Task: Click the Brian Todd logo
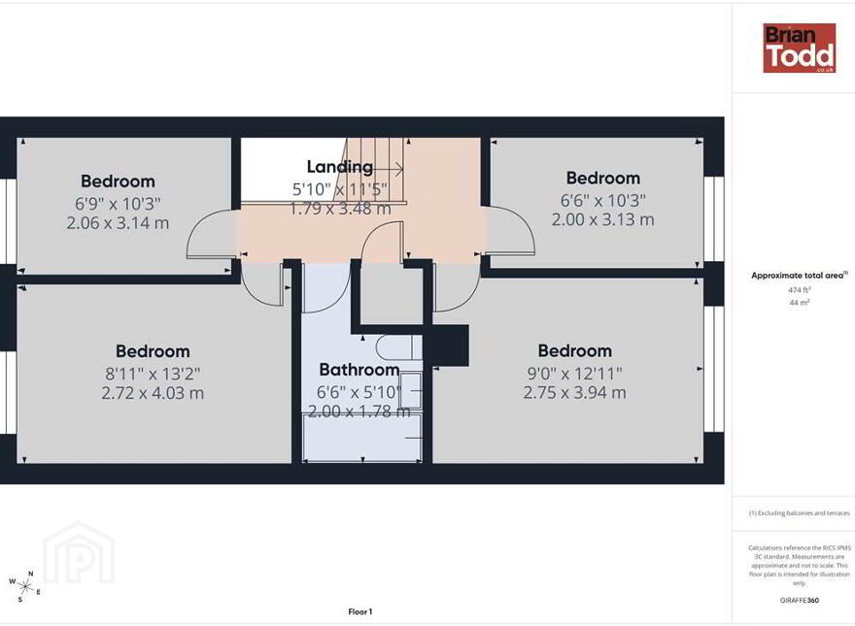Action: pos(800,48)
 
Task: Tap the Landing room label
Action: pos(340,167)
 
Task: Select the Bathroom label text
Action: pos(359,370)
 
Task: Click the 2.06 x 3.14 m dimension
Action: pos(118,223)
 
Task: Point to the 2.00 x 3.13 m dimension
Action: pos(602,219)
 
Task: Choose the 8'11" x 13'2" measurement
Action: pos(153,374)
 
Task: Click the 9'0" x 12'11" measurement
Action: pos(575,374)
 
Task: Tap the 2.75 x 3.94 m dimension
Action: pos(575,392)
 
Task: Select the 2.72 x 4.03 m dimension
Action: pos(153,393)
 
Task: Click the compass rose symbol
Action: pos(24,586)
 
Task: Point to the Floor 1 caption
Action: pos(359,611)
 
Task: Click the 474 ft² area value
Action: pos(799,290)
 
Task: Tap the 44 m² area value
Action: pos(799,303)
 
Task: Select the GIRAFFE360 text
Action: pos(800,601)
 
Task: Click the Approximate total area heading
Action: pos(800,276)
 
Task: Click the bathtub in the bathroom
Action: pos(362,438)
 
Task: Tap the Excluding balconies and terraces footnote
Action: pos(800,513)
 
